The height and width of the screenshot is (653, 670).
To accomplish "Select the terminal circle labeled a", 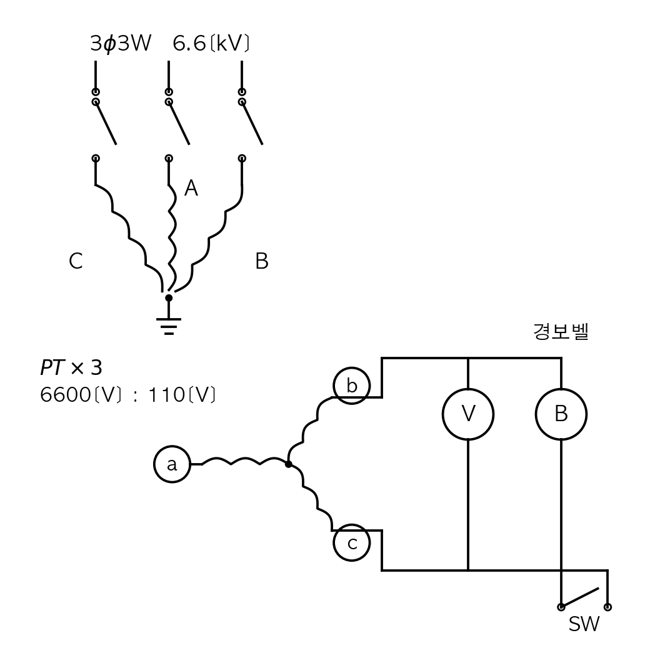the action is coord(154,464).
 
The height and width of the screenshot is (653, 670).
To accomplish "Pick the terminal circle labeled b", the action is coord(334,386).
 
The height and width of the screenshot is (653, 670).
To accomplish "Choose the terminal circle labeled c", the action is coord(334,543).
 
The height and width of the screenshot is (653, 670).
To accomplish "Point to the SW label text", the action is coord(584,624).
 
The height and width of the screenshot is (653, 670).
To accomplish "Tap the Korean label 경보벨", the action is coord(561,331).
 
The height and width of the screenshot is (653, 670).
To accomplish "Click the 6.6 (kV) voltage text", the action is coord(211,43).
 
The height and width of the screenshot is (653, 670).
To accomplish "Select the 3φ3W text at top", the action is coord(121,44).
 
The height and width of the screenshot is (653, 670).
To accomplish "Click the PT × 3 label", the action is coord(71,367).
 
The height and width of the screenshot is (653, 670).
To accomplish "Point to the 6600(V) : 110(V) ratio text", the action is coord(127,395).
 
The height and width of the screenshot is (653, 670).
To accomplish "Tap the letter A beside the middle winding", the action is coord(191,188).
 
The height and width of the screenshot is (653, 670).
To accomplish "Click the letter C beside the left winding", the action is coord(76,261).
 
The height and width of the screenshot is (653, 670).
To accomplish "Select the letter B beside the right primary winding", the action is coord(261,261).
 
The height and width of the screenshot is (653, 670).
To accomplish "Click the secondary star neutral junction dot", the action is coord(289,464).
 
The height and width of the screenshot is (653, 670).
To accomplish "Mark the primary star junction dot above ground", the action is coord(169,297).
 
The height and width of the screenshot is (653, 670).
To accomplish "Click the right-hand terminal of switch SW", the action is coord(607,607).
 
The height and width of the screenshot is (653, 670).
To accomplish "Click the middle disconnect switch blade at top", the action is coord(179,124).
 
